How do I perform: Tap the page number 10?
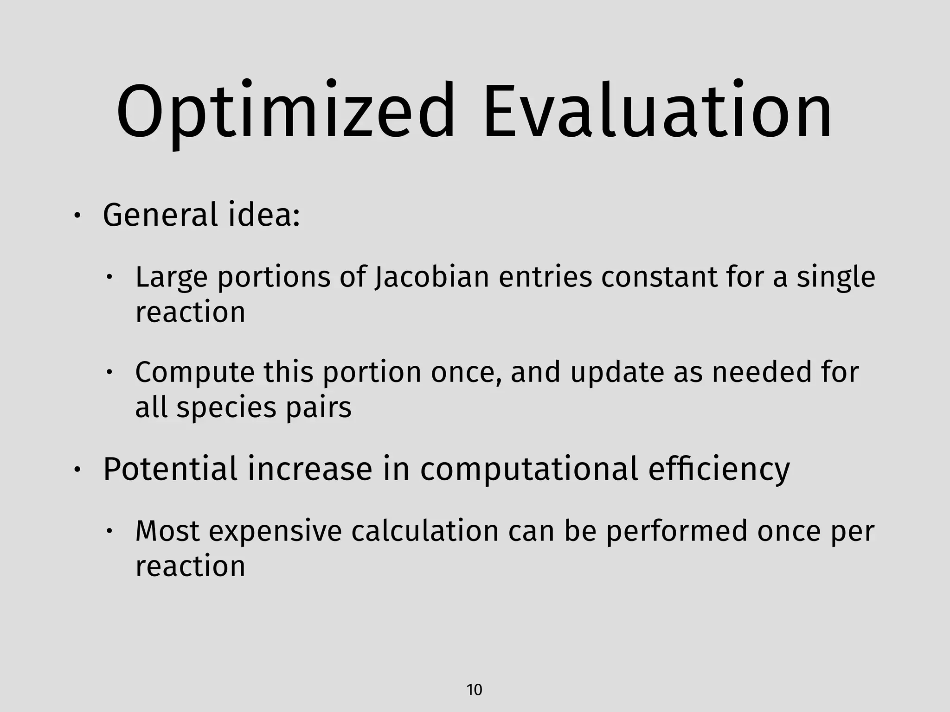coord(474,690)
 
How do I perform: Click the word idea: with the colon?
coord(264,216)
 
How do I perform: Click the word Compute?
coord(195,373)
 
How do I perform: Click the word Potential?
coord(170,469)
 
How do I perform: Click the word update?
coord(617,373)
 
